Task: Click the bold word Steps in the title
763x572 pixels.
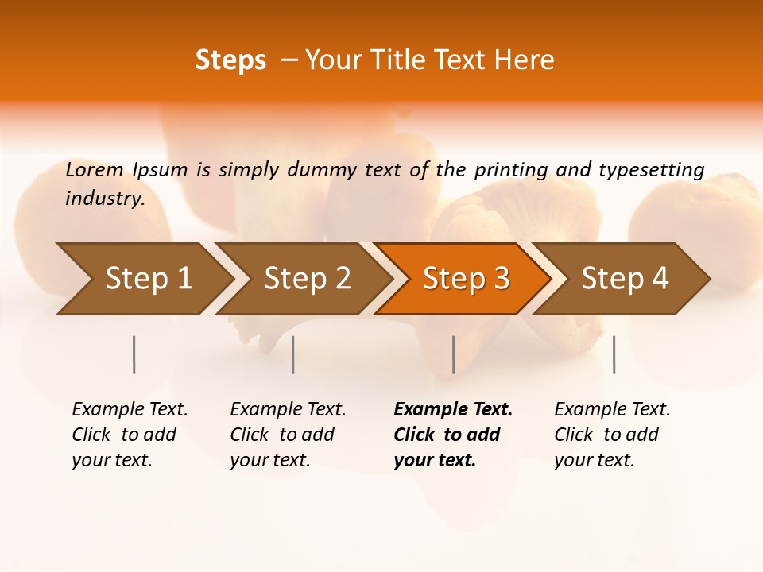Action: (x=230, y=60)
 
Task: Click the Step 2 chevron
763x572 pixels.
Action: (x=307, y=279)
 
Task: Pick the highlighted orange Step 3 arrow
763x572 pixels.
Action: (x=466, y=279)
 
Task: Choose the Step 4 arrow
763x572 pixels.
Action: (x=625, y=279)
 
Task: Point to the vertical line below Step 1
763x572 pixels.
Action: (x=134, y=354)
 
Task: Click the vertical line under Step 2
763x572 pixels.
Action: (x=293, y=354)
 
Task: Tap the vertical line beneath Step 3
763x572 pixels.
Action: (x=453, y=354)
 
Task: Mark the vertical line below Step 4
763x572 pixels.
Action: (x=614, y=354)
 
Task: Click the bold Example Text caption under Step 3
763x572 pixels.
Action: (x=452, y=435)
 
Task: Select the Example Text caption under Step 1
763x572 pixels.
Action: (x=129, y=435)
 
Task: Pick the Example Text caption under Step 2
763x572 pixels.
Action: (x=287, y=435)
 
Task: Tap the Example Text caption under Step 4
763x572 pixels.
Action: (x=611, y=435)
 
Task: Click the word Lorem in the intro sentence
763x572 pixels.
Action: (x=95, y=169)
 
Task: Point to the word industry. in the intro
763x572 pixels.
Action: (x=105, y=199)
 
